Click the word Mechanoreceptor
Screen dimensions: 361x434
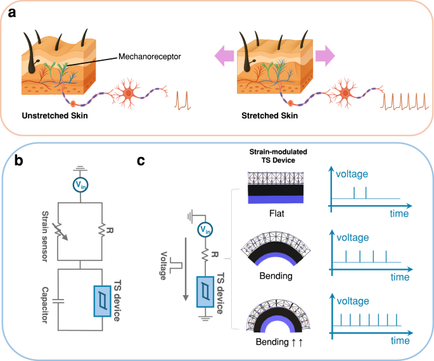pos(150,56)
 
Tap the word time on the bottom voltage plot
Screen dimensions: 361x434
pos(399,339)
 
